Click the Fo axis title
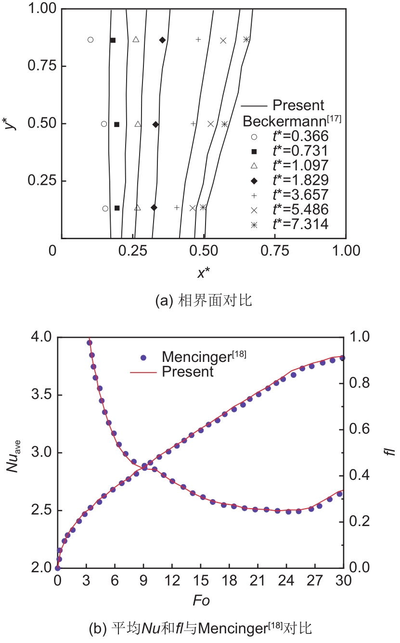tap(201, 601)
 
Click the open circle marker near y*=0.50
tap(104, 124)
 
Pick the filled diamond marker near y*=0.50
tap(155, 124)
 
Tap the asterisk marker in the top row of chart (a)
tap(246, 39)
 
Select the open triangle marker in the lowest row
tap(137, 208)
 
